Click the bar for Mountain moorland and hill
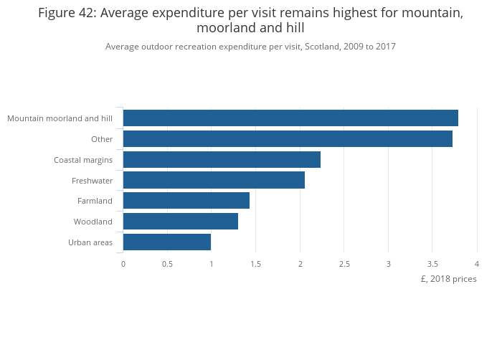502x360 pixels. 290,118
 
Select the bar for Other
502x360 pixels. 288,139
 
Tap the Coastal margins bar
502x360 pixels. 222,159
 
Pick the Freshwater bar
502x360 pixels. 214,180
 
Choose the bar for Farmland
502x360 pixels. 186,201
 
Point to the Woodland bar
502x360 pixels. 181,222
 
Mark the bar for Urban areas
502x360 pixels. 167,242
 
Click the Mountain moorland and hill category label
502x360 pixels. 60,118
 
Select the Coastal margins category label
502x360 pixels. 83,159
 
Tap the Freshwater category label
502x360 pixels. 92,180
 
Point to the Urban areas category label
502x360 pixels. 90,242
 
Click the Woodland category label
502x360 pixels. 93,222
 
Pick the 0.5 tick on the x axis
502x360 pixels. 167,264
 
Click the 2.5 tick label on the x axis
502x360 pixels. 344,264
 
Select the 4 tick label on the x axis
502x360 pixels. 476,264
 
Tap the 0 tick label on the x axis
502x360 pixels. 123,264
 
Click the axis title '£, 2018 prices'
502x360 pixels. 448,279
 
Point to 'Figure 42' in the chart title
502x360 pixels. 65,14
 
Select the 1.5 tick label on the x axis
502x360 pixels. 256,264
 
